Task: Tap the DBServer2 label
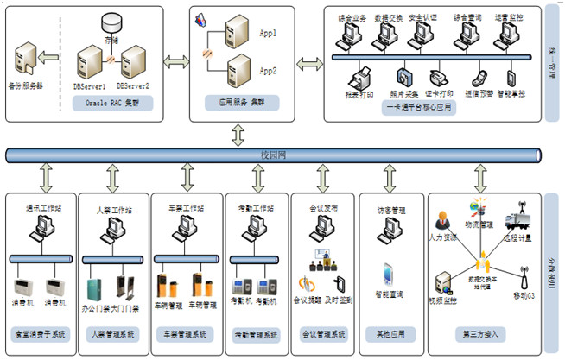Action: coord(133,86)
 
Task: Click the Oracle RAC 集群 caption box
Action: coord(113,102)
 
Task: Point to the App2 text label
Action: coord(268,72)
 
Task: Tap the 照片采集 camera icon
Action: coord(406,76)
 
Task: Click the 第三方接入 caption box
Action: coord(486,333)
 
